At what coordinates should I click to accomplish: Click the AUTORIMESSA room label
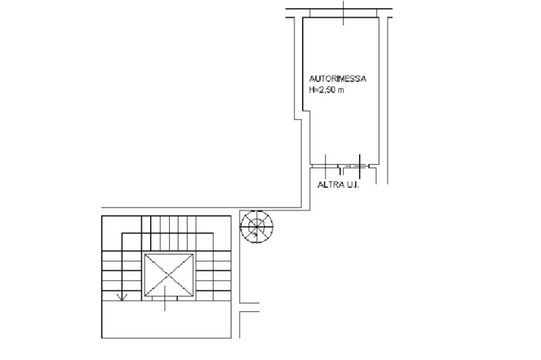(338, 79)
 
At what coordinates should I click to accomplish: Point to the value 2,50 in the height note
(327, 90)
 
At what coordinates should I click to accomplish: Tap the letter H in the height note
(312, 90)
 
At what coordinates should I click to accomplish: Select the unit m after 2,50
(341, 91)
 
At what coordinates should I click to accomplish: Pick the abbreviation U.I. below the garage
(352, 185)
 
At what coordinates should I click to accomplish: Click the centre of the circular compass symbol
(256, 226)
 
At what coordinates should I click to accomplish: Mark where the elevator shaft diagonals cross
(169, 275)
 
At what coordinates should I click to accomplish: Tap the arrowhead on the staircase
(122, 297)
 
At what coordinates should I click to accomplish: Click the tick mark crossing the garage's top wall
(343, 13)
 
